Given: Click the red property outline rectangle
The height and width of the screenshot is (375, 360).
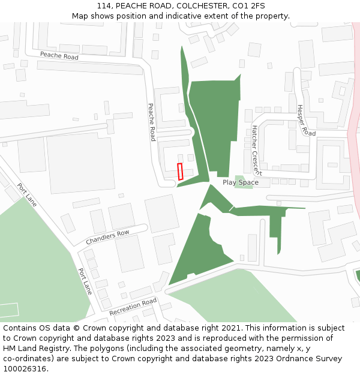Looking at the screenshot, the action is coord(180,171).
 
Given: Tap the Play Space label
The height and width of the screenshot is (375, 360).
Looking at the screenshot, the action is coord(241,182).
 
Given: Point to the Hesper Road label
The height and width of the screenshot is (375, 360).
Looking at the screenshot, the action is coord(306,120).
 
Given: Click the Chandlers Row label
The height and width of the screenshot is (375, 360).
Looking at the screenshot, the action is coord(107,237).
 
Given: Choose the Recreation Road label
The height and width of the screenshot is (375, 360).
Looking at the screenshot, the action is coord(133,307).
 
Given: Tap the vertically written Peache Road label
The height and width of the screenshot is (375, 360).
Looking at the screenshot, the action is coord(152,122).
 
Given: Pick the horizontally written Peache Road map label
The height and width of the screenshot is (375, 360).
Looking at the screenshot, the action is coord(59,56).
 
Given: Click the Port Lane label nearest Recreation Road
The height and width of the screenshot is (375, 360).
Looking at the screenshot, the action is coord(85,281).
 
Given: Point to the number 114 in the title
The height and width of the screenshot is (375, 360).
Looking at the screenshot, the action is coord(103,5).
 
